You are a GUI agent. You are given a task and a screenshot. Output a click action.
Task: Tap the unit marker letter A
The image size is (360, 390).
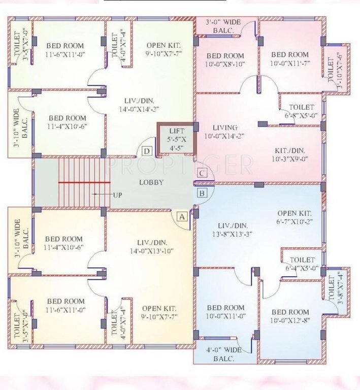click(181, 217)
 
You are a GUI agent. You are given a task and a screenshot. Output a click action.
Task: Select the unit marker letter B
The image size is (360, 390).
click(202, 193)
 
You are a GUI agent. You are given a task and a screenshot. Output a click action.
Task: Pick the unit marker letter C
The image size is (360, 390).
click(202, 173)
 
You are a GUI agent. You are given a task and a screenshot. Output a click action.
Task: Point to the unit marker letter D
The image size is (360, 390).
click(147, 151)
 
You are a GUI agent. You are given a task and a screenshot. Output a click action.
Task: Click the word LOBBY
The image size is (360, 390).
click(151, 182)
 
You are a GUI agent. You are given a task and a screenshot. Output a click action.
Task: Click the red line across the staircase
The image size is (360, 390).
click(84, 182)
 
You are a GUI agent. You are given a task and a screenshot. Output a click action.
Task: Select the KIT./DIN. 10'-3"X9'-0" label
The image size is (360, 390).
click(290, 153)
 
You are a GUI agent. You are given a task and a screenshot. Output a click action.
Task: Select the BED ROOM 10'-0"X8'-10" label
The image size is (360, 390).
click(225, 60)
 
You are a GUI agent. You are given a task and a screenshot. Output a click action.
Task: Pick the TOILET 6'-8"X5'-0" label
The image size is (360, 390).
click(302, 111)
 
